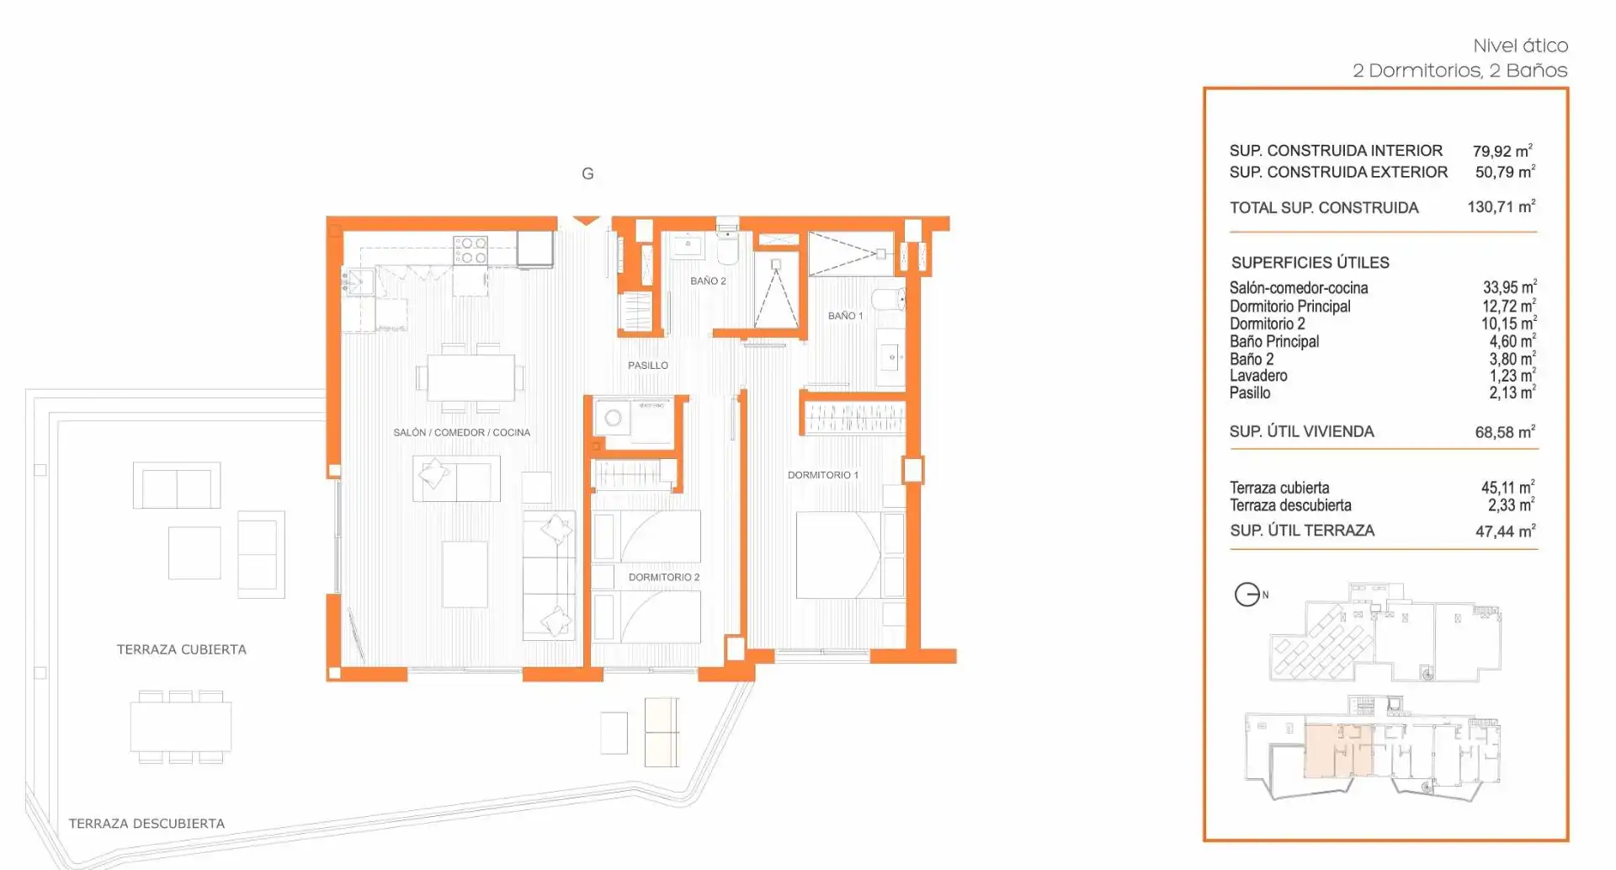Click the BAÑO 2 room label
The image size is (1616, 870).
point(708,281)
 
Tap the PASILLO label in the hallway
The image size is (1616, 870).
point(648,366)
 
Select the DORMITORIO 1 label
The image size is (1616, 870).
point(823,475)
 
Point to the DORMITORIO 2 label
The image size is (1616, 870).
point(664,577)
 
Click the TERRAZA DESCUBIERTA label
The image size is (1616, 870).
point(146,824)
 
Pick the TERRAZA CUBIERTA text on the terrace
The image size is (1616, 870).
point(182,649)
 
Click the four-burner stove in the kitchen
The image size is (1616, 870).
point(470,250)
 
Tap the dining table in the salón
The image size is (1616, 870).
point(470,378)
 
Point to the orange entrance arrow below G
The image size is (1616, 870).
point(587,221)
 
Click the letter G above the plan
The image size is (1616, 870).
point(587,173)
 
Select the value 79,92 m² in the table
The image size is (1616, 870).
point(1503,151)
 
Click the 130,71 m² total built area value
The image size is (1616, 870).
point(1502,206)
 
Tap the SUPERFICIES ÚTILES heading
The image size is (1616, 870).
point(1310,263)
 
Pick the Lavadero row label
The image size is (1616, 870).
point(1258,376)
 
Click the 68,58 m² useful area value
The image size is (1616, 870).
point(1505,432)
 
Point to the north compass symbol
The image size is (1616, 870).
point(1247,595)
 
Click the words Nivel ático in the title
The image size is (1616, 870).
point(1520,45)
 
